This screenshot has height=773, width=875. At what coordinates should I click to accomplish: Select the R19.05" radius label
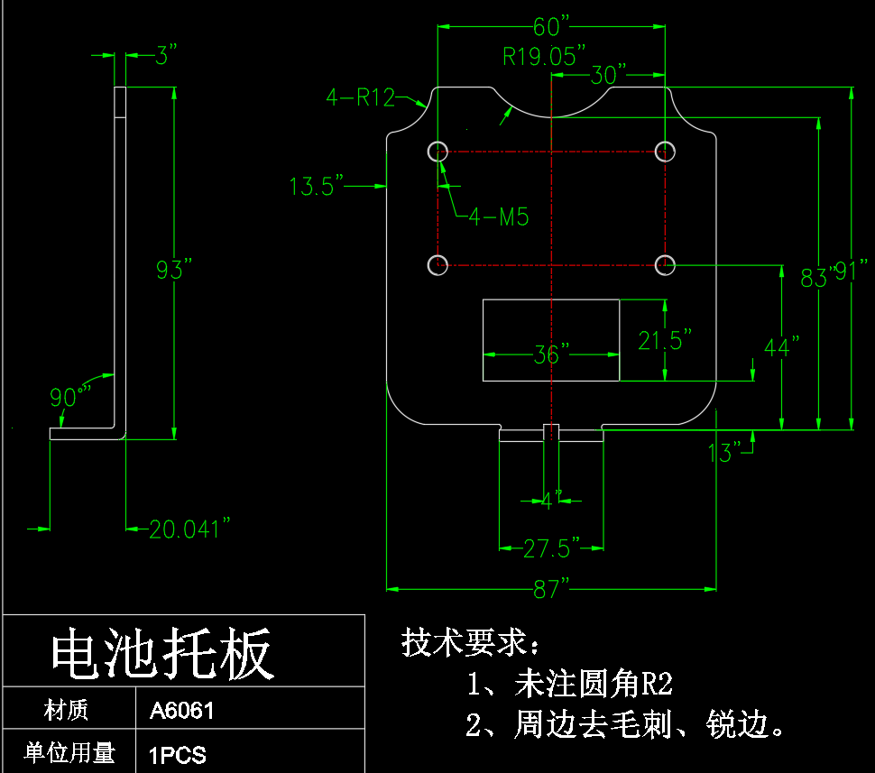pyautogui.click(x=544, y=57)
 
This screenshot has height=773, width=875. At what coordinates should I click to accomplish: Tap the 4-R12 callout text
pyautogui.click(x=360, y=97)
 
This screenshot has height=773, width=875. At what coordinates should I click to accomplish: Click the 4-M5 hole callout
pyautogui.click(x=498, y=216)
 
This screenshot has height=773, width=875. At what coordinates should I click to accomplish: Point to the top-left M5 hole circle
pyautogui.click(x=437, y=151)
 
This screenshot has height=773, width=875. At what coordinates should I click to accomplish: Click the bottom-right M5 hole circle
pyautogui.click(x=665, y=264)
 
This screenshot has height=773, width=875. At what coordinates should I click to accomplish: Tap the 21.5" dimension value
pyautogui.click(x=665, y=340)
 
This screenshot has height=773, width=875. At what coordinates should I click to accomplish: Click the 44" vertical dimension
pyautogui.click(x=782, y=346)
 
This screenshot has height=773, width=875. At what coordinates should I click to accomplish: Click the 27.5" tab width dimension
pyautogui.click(x=551, y=547)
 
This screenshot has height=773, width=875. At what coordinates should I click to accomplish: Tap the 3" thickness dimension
pyautogui.click(x=161, y=56)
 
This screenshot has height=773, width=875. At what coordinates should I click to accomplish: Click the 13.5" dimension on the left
pyautogui.click(x=317, y=187)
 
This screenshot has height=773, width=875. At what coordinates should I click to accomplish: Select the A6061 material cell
pyautogui.click(x=182, y=711)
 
